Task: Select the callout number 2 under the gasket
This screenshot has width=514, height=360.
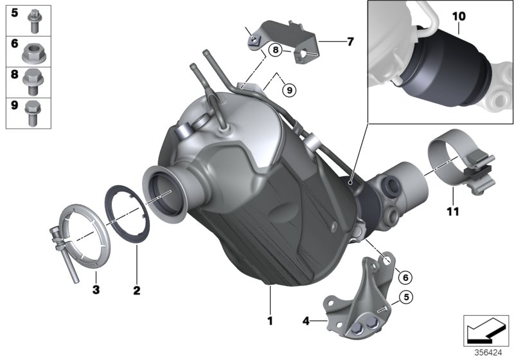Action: pyautogui.click(x=136, y=291)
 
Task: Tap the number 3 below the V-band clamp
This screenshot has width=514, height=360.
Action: pyautogui.click(x=95, y=291)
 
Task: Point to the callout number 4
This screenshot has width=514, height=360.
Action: pyautogui.click(x=306, y=319)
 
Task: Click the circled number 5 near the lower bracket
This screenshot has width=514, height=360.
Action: pyautogui.click(x=405, y=297)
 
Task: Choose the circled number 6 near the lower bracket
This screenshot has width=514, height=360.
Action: pyautogui.click(x=404, y=277)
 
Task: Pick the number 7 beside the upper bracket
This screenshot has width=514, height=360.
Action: pyautogui.click(x=350, y=42)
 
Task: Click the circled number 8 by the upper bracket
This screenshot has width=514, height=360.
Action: pyautogui.click(x=275, y=49)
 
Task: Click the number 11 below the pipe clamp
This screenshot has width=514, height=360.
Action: pyautogui.click(x=453, y=210)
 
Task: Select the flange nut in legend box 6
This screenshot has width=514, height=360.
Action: pyautogui.click(x=32, y=51)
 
